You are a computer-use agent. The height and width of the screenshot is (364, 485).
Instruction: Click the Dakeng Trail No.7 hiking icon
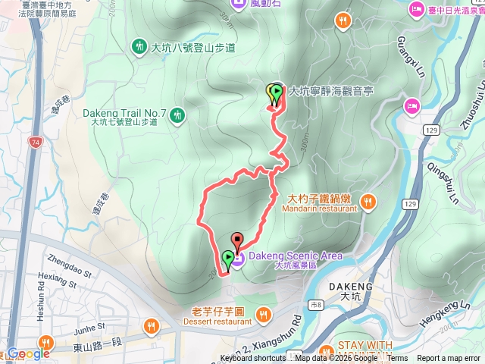pyautogui.click(x=177, y=115)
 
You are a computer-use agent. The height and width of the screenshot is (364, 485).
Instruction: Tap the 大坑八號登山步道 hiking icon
pyautogui.click(x=139, y=47)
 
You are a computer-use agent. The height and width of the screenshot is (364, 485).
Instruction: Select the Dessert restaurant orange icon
pyautogui.click(x=263, y=314)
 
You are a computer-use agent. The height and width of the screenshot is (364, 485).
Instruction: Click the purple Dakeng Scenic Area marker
pyautogui.click(x=237, y=260)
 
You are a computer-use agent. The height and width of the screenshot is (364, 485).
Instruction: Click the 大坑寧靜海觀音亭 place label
pyautogui.click(x=330, y=90)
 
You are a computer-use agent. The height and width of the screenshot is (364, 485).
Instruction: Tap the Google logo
pyautogui.click(x=29, y=353)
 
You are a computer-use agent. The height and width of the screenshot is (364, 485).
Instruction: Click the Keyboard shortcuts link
pyautogui.click(x=253, y=359)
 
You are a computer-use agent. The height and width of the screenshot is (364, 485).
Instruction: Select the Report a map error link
pyautogui.click(x=448, y=359)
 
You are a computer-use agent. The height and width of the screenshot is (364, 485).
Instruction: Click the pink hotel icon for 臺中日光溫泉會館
pyautogui.click(x=416, y=10)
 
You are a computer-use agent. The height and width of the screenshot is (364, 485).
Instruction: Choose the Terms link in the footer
pyautogui.click(x=397, y=359)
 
